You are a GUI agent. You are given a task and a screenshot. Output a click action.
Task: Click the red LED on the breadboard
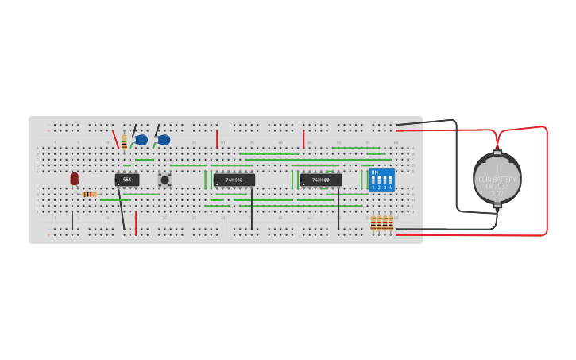pos(74,179)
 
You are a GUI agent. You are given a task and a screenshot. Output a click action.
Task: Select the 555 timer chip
pos(127,180)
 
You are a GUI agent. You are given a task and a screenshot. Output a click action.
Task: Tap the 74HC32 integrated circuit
pos(234,180)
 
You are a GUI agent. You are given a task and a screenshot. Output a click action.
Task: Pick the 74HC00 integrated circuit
pos(321,180)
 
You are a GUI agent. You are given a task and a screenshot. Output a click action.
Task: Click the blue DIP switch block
pos(381,180)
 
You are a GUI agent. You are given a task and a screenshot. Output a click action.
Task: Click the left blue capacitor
pos(141,140)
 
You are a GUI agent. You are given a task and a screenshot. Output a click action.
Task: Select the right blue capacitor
pos(164,140)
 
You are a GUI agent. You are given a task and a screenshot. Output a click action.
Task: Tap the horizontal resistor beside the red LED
pos(89,194)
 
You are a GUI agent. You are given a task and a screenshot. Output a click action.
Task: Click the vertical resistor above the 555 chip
pos(124,142)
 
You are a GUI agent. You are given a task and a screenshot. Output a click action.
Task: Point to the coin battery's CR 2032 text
pos(497,186)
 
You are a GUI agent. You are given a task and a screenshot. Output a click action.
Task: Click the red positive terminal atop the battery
pos(497,149)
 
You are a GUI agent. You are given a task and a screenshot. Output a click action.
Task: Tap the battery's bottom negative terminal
pos(497,207)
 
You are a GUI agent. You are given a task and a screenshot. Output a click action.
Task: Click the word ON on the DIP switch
pos(374,172)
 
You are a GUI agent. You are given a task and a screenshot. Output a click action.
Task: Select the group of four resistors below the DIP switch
pos(381,223)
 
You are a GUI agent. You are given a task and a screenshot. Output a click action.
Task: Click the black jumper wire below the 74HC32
pos(252,208)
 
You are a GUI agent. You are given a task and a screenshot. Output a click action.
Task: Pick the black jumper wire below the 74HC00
pos(338,208)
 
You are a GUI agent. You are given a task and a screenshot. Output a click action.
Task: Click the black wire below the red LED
pos(72,219)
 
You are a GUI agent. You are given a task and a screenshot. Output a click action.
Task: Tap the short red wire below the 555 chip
pos(136,223)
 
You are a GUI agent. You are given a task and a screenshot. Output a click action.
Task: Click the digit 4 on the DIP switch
pos(391,187)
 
